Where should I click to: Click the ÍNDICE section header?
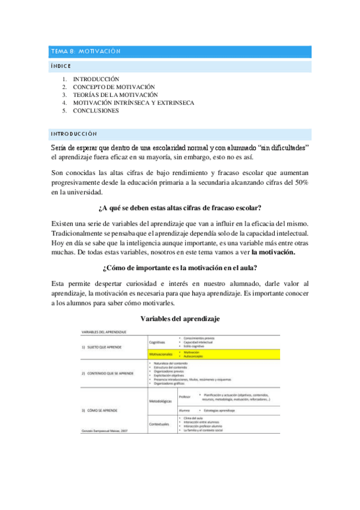[61, 66]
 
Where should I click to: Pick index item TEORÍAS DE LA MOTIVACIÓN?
[115, 95]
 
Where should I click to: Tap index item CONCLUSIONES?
[96, 111]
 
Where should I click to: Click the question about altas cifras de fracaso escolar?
[179, 208]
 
